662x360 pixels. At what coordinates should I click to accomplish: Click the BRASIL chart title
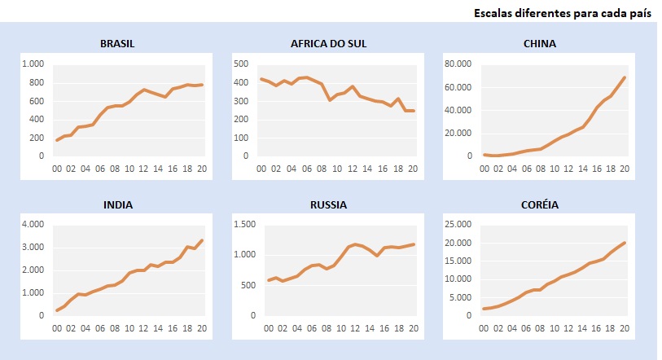[x=117, y=43]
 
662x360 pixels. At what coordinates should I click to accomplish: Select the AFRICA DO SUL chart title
[x=328, y=43]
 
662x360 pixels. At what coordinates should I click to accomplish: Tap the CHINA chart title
[x=540, y=43]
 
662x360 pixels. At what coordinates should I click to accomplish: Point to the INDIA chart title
[x=117, y=204]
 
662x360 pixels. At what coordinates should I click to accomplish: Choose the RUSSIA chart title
[x=328, y=204]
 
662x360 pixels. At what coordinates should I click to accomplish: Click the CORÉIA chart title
[x=540, y=204]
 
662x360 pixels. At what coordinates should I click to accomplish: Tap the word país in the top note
[x=638, y=14]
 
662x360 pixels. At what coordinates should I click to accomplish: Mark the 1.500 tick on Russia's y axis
[x=243, y=225]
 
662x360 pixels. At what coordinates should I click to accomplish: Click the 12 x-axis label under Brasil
[x=144, y=169]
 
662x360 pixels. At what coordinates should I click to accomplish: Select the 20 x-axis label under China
[x=625, y=169]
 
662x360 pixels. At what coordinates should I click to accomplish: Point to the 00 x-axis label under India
[x=57, y=329]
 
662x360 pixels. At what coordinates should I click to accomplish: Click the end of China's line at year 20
[x=625, y=77]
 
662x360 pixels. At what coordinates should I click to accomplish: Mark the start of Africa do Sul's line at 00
[x=261, y=79]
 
